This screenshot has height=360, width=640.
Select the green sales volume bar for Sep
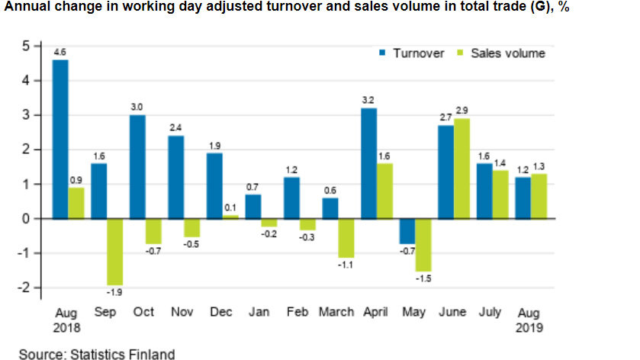click(114, 252)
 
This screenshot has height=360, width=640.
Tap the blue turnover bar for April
click(368, 163)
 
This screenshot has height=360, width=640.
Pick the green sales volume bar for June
click(462, 169)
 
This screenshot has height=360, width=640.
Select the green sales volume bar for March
click(346, 238)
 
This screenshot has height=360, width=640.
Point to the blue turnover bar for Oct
click(137, 166)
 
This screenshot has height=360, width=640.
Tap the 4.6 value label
click(60, 53)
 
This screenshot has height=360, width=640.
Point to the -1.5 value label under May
click(423, 278)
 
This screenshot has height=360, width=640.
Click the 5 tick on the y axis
click(25, 46)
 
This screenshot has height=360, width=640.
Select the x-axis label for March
click(336, 312)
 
